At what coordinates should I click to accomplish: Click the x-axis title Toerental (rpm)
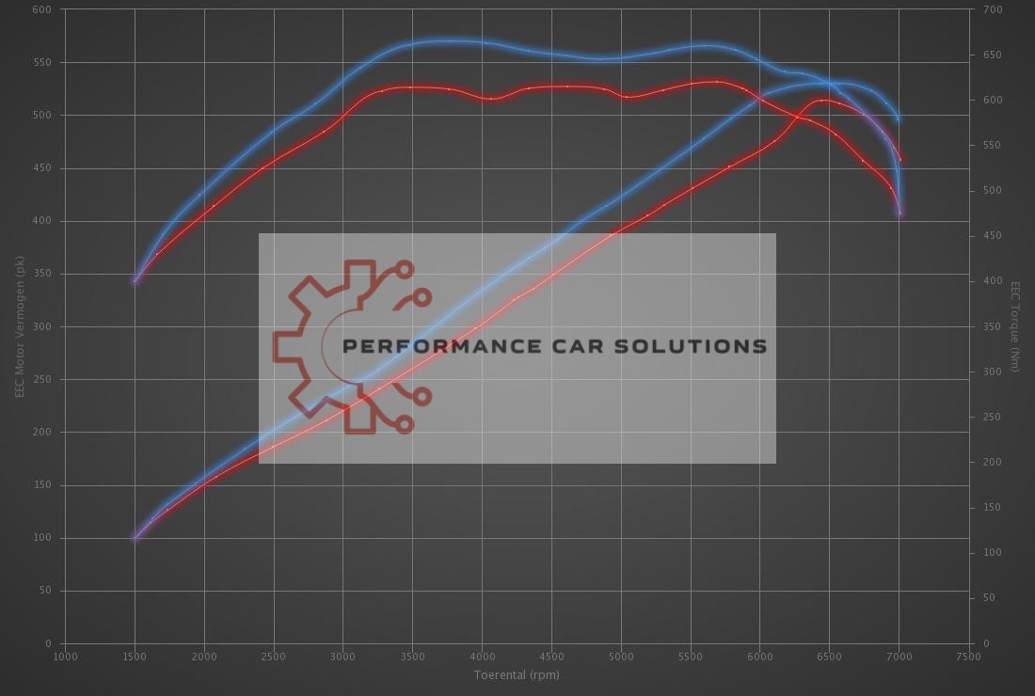[517, 674]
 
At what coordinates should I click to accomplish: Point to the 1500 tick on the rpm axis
[135, 656]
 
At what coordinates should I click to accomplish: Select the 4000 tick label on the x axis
[482, 656]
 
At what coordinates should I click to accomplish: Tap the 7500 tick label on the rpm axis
[968, 656]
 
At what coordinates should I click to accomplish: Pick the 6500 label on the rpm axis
[829, 656]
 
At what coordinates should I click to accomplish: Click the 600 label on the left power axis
[41, 10]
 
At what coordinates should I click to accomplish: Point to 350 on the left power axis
[41, 275]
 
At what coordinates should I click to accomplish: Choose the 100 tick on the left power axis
[41, 539]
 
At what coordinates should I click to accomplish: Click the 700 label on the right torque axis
[993, 10]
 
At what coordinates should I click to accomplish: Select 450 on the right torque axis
[993, 236]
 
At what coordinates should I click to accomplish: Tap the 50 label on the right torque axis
[989, 598]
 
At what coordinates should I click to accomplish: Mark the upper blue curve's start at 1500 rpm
[135, 280]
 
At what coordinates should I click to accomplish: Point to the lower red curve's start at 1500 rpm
[135, 538]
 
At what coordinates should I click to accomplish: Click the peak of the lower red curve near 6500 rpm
[822, 100]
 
